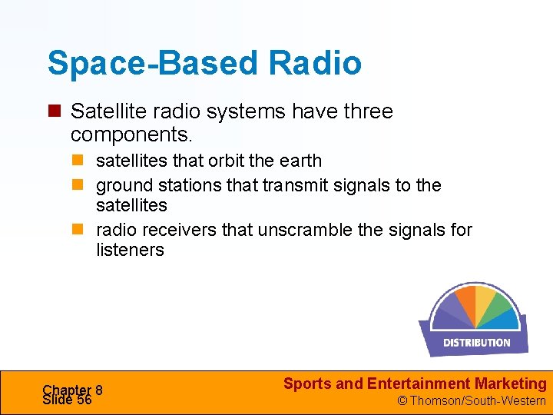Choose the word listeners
point(130,250)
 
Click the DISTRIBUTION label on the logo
point(476,343)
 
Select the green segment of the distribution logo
point(503,305)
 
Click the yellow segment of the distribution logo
point(485,297)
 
